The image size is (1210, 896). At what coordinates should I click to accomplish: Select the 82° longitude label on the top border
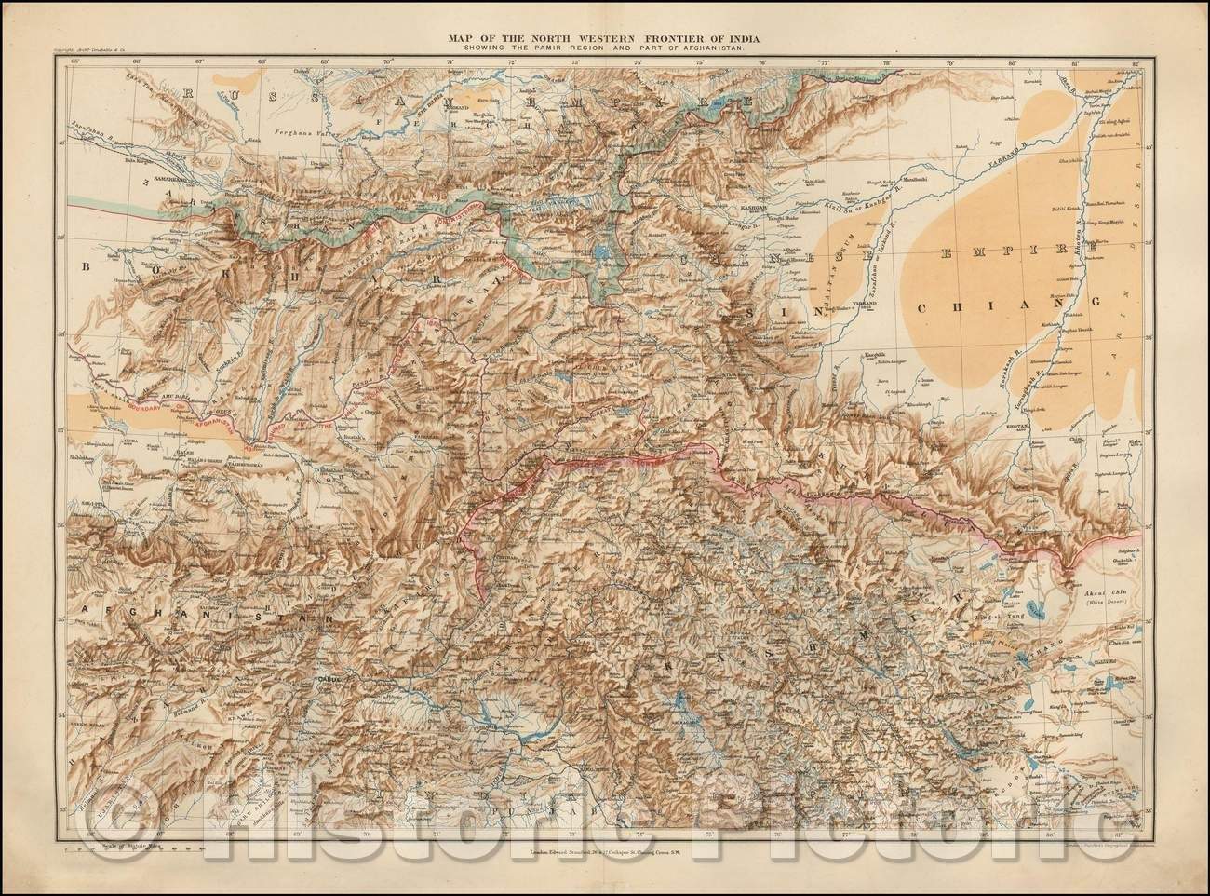(1134, 62)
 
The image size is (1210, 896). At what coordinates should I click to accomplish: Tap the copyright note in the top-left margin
(88, 56)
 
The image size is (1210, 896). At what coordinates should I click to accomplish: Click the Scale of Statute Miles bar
(130, 848)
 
